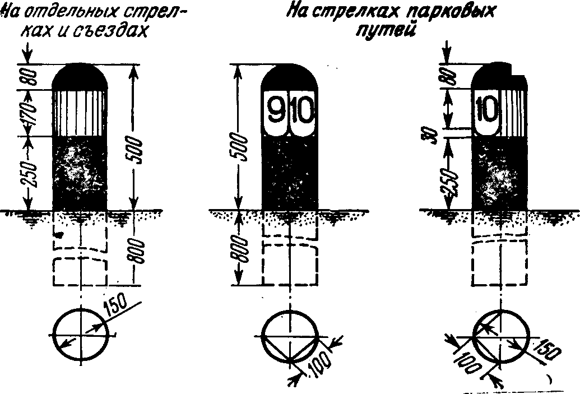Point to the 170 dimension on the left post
click(32, 113)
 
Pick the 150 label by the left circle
click(117, 307)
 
